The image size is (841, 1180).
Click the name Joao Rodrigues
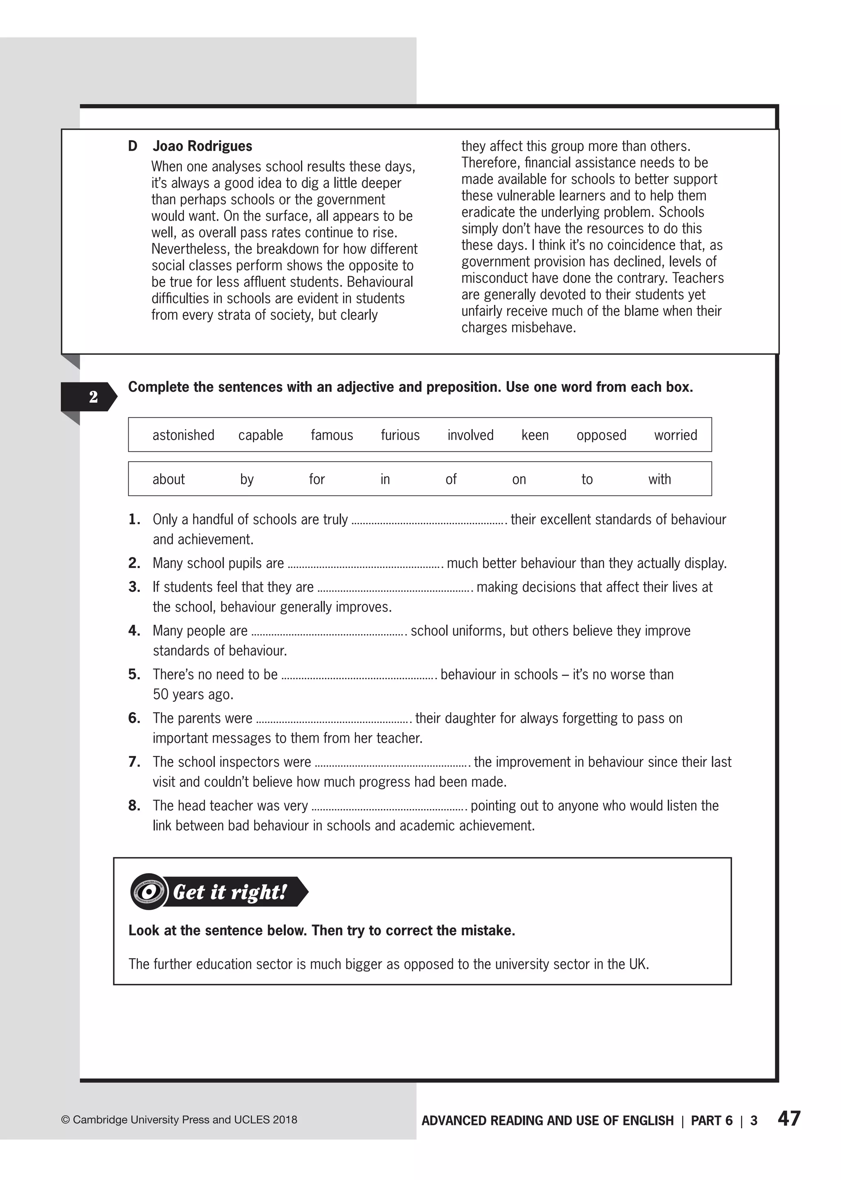point(202,146)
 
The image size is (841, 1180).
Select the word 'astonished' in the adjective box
point(183,435)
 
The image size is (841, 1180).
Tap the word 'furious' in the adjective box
point(400,435)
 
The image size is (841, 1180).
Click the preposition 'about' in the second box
point(168,479)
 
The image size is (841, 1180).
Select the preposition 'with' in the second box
point(659,479)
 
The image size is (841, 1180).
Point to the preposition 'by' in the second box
point(246,480)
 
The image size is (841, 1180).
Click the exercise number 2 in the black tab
point(93,397)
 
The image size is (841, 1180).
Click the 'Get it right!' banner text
point(230,892)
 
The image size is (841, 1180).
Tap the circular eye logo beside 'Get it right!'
point(149,892)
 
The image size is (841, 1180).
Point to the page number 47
point(789,1119)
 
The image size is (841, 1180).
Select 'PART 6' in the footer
point(712,1120)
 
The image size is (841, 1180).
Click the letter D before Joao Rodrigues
point(133,146)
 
